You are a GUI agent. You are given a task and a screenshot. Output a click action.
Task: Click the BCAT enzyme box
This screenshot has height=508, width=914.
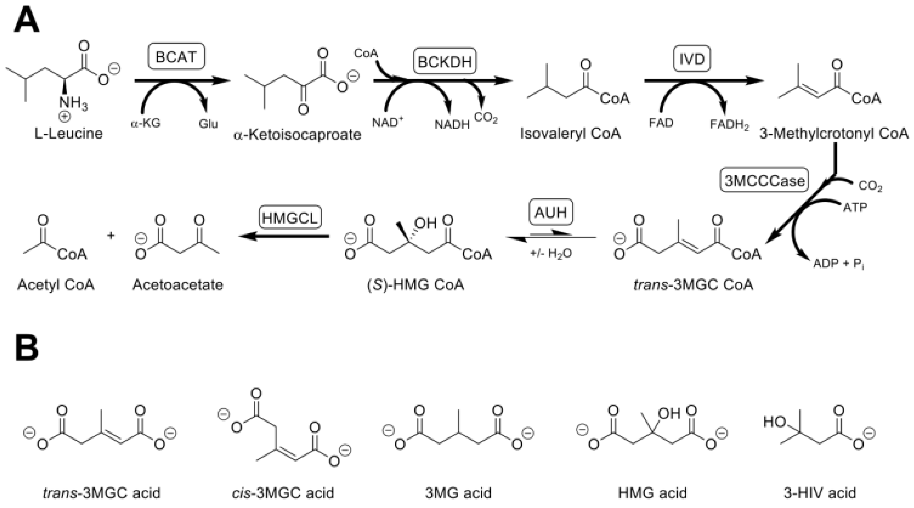tap(176, 56)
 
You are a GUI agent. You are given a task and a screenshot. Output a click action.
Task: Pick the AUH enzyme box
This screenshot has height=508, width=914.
tap(551, 212)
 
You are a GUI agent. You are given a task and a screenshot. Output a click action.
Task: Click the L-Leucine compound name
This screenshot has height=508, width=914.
tap(68, 133)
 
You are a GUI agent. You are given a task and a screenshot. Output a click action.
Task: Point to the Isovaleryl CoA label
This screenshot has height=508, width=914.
tap(570, 133)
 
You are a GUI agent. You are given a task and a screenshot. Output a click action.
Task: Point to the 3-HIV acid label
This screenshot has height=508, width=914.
tap(820, 493)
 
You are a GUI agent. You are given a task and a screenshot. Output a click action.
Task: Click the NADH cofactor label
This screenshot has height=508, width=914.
tap(452, 124)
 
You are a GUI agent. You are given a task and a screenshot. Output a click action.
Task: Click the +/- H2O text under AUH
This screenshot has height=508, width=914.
tap(551, 253)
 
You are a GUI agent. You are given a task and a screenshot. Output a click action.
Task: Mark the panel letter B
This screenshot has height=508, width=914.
tap(27, 347)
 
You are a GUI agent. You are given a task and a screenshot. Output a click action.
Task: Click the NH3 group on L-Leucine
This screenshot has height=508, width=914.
tap(73, 103)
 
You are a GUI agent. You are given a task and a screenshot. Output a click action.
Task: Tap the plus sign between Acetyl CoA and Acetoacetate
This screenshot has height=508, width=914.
tap(111, 235)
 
